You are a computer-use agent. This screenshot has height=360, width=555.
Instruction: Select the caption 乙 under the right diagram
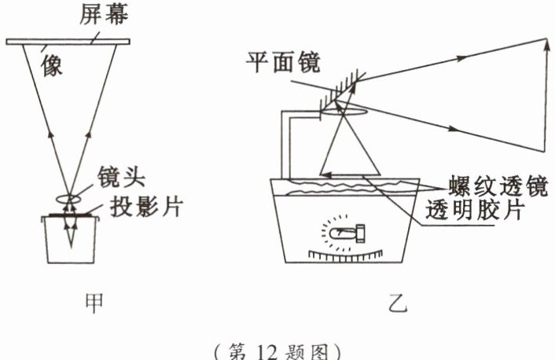398,302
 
